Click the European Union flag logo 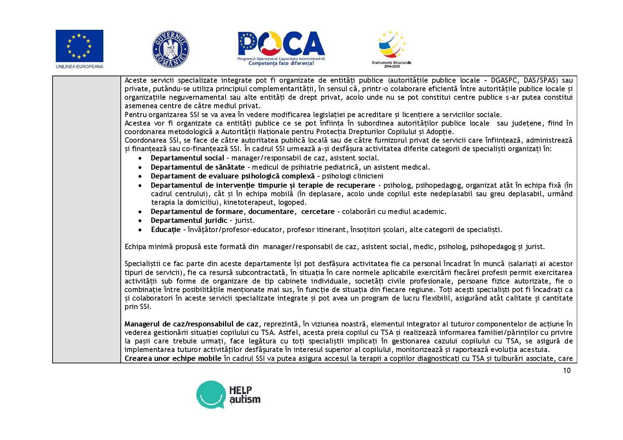(79, 46)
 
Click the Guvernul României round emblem (170, 49)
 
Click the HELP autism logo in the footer (228, 395)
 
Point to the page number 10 (567, 370)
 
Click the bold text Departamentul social (187, 158)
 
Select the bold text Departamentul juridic (189, 220)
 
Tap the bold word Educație (166, 230)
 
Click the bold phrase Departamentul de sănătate (197, 167)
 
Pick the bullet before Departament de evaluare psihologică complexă (141, 176)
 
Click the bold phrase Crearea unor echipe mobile (173, 358)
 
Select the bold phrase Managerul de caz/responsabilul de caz (191, 324)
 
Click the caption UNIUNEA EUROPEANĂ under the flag (80, 66)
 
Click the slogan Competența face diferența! (281, 64)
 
